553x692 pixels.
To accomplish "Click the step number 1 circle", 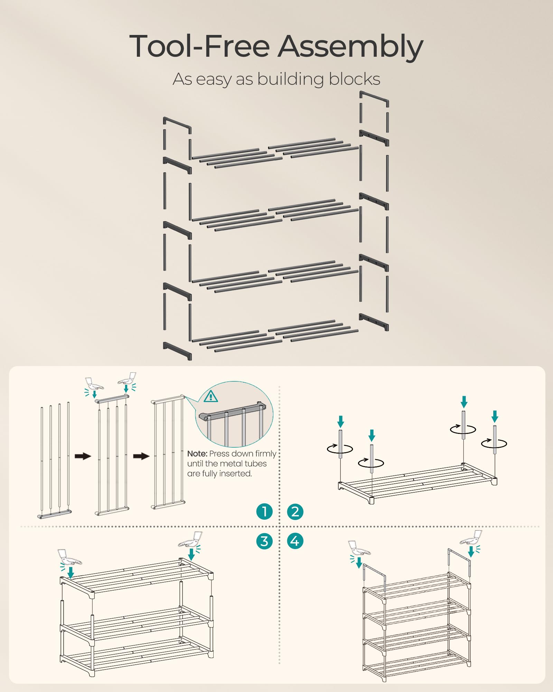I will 264,511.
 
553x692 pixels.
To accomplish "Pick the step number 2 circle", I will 295,511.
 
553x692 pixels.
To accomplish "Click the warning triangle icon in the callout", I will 210,396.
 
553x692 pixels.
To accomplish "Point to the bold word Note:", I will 197,454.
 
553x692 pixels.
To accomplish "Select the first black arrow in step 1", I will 83,456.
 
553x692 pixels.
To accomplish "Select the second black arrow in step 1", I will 141,456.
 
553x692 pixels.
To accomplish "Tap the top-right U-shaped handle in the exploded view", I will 374,98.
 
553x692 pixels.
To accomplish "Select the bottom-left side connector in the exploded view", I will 177,350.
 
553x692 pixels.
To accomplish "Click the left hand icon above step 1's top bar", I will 93,384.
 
